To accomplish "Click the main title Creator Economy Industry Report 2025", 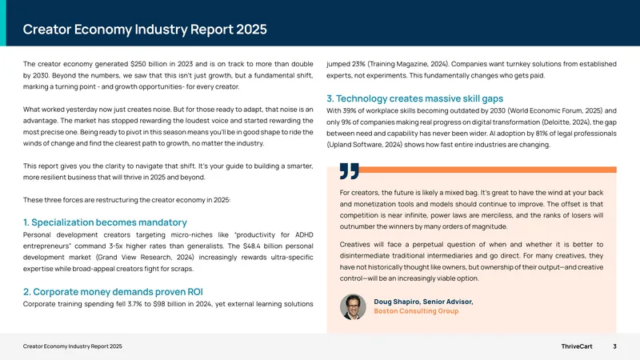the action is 145,30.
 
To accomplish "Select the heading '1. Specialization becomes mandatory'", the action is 105,222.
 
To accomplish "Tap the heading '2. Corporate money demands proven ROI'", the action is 113,291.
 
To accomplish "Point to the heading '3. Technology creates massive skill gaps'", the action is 414,98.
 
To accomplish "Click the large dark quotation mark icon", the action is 350,171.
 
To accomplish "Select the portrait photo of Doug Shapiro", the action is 353,307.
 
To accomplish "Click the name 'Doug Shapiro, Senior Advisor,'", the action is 423,302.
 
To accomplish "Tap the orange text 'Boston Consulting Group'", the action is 416,311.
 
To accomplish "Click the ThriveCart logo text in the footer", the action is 576,346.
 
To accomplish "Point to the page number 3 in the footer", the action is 614,346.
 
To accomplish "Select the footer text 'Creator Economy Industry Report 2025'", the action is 72,346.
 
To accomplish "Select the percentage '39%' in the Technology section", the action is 349,110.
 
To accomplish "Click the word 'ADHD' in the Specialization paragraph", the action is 304,234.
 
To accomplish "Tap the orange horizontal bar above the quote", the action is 488,170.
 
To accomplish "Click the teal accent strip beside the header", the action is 3,23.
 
